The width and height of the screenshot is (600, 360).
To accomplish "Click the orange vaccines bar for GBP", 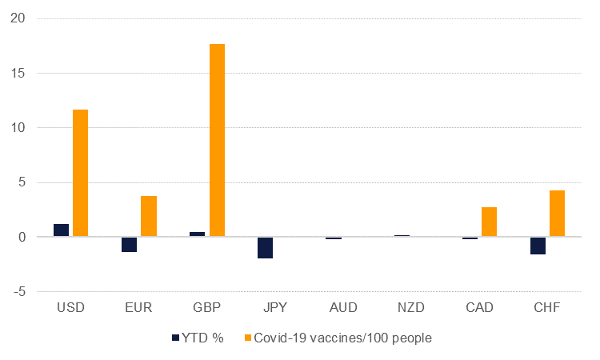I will point(217,141).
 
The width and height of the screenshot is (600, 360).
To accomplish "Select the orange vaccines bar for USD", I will point(81,173).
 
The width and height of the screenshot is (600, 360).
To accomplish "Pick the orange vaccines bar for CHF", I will point(557,214).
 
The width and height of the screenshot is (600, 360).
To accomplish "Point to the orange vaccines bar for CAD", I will point(489,222).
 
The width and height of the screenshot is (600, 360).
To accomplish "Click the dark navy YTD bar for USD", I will point(61,230).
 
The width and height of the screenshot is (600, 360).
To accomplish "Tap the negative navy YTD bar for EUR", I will point(129,244).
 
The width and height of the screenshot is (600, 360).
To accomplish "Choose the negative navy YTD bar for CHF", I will point(537,245).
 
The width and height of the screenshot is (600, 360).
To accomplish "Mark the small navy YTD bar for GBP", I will point(197,234).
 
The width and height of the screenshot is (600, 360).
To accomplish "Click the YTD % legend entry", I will point(195,338).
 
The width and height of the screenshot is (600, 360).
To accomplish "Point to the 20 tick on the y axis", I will point(18,18).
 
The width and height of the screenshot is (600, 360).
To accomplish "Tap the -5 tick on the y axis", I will point(18,292).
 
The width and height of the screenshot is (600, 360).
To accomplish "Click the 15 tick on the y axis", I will point(18,74).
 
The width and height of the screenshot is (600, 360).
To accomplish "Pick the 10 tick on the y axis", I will point(18,128).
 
